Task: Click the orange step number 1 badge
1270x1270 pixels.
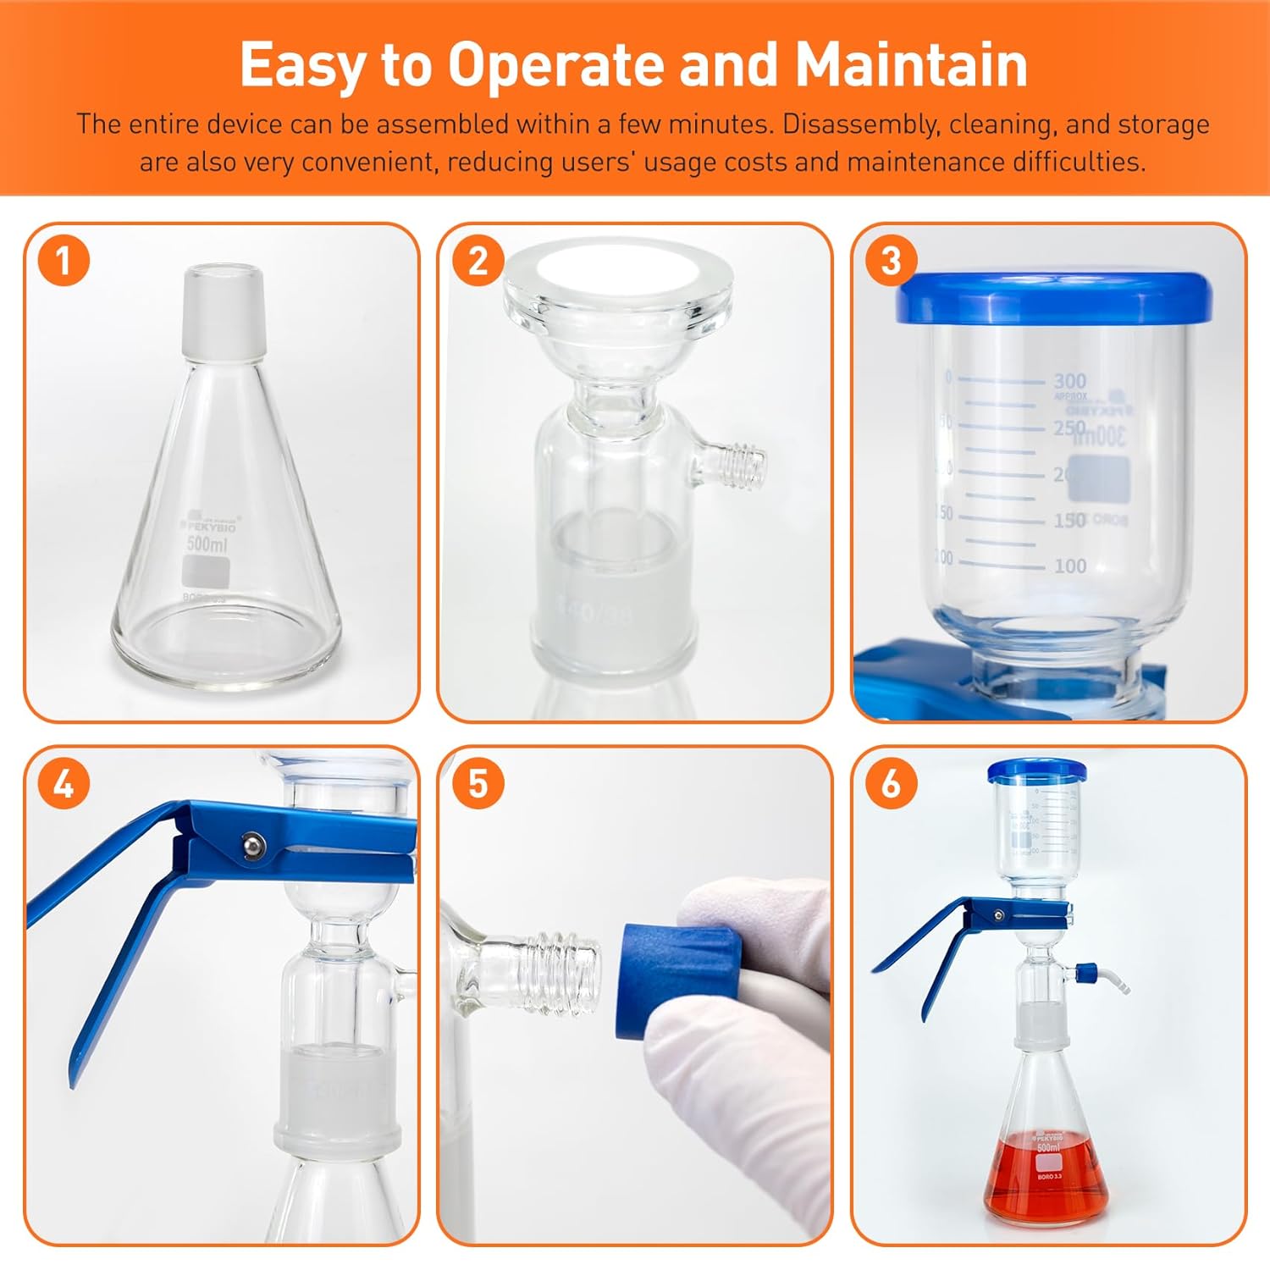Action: pos(63,261)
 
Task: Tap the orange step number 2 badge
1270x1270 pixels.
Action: pos(478,261)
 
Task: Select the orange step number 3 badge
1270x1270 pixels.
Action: pos(891,261)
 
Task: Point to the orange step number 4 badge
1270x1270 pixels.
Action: pos(63,784)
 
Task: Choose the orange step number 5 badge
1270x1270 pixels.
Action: pos(478,784)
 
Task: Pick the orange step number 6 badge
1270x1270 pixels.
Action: pos(891,784)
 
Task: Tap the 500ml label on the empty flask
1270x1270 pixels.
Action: pos(207,544)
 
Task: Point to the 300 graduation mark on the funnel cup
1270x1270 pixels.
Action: pos(1069,381)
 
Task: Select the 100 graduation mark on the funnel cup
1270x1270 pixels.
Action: pos(1069,566)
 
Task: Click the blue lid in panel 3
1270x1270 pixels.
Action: pos(1053,298)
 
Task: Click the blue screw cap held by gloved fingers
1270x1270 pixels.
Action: pos(677,980)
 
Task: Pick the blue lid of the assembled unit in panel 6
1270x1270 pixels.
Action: pos(1036,770)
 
